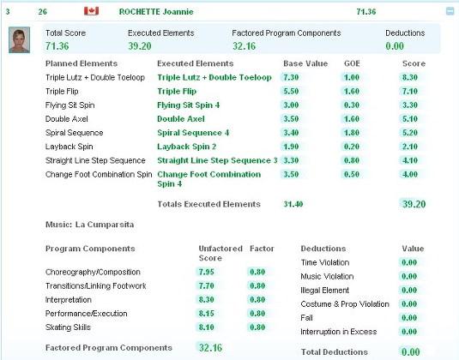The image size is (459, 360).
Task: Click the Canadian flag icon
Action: point(91,11)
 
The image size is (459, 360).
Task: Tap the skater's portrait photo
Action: point(20,39)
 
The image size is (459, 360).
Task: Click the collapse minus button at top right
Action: point(450,11)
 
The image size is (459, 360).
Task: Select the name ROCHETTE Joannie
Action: point(156,12)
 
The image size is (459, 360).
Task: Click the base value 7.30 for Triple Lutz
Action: point(291,77)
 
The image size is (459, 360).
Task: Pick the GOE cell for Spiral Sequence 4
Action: point(352,133)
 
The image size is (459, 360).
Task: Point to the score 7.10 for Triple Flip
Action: point(410,91)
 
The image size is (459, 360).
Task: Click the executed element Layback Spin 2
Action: point(186,147)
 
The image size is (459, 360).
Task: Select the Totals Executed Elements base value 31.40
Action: point(293,204)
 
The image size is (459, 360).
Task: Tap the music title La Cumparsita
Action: point(105,225)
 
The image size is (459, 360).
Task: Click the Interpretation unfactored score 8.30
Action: point(207,299)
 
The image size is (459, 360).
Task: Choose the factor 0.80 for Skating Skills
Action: point(257,327)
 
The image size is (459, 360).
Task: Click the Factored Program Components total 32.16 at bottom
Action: point(210,348)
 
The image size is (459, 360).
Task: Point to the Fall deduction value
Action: point(409,318)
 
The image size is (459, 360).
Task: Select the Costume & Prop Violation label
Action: point(345,304)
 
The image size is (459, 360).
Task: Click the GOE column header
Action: point(352,63)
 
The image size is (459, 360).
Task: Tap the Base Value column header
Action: point(305,63)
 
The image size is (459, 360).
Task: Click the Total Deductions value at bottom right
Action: point(411,351)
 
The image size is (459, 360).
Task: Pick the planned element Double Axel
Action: point(66,119)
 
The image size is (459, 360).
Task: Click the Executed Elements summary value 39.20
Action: point(140,46)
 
